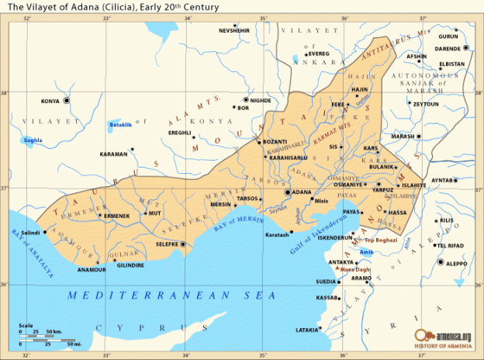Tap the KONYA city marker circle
pyautogui.click(x=67, y=101)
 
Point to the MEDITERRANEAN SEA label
pyautogui.click(x=171, y=295)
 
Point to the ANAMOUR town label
pyautogui.click(x=92, y=269)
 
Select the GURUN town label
pyautogui.click(x=448, y=36)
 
